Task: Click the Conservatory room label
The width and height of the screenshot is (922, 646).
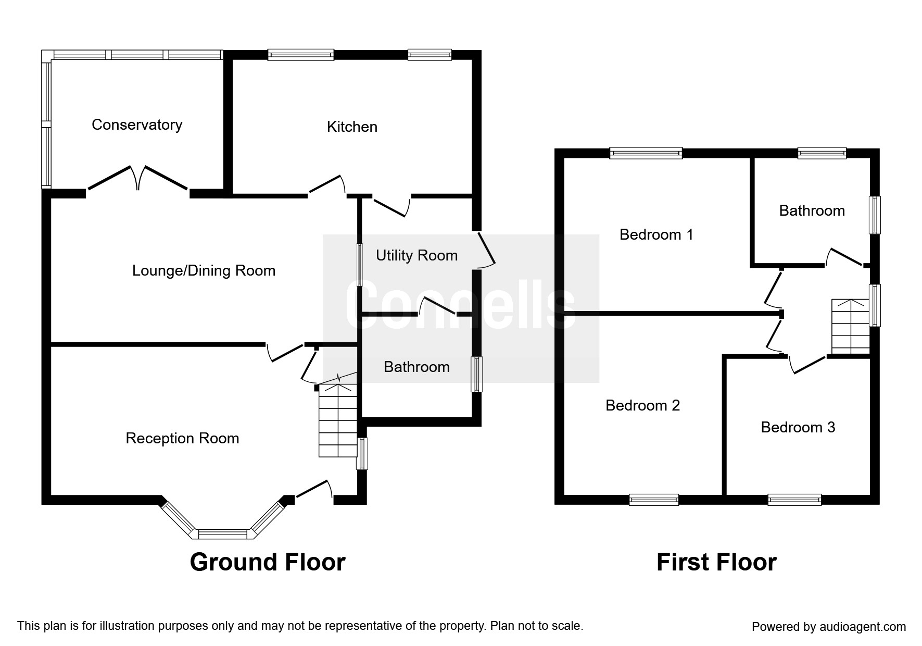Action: click(137, 125)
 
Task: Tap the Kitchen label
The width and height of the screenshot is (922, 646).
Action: click(352, 127)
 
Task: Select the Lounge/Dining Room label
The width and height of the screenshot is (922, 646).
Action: click(204, 270)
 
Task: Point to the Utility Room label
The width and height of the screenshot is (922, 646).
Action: click(416, 255)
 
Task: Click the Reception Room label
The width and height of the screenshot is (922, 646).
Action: click(182, 438)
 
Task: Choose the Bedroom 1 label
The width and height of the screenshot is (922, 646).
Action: click(656, 234)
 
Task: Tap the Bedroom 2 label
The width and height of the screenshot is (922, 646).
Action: click(642, 405)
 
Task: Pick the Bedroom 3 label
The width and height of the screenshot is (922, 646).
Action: click(798, 427)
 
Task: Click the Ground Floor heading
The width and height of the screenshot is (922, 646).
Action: click(268, 562)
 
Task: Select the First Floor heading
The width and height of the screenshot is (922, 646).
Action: click(716, 562)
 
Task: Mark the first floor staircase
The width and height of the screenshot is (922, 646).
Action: click(851, 327)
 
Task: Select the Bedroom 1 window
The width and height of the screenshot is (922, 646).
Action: click(646, 153)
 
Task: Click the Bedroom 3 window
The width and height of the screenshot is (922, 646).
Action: click(794, 500)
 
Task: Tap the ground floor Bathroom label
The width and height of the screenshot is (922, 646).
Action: click(416, 367)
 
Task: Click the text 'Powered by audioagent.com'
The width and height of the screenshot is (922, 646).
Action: click(829, 627)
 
